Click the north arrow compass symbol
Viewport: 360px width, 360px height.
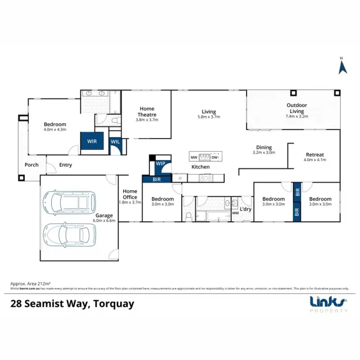tap(343, 67)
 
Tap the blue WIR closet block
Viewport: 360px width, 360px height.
tap(91, 142)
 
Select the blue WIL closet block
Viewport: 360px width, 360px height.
tap(116, 142)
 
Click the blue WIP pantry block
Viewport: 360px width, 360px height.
tap(160, 164)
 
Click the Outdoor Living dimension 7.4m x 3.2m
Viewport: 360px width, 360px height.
tap(297, 116)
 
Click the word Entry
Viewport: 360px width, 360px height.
tap(65, 165)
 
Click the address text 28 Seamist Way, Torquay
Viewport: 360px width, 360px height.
tap(72, 303)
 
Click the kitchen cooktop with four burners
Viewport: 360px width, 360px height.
tap(205, 178)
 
